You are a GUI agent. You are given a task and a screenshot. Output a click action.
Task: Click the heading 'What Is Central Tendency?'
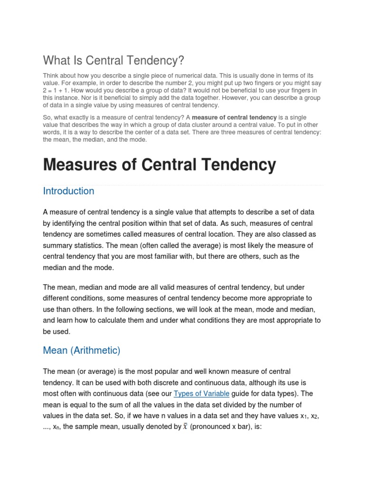113,60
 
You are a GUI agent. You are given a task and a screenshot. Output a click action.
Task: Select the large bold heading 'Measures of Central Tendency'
159,165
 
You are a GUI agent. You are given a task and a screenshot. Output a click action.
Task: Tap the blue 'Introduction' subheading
68,191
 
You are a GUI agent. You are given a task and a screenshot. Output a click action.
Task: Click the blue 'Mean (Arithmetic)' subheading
81,351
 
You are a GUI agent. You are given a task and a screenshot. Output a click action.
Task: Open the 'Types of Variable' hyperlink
202,394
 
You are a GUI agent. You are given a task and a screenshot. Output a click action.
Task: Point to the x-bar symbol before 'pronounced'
185,427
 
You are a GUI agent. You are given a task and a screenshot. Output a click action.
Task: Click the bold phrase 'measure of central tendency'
234,117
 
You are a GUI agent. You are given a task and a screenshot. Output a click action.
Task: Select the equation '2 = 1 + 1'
57,90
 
